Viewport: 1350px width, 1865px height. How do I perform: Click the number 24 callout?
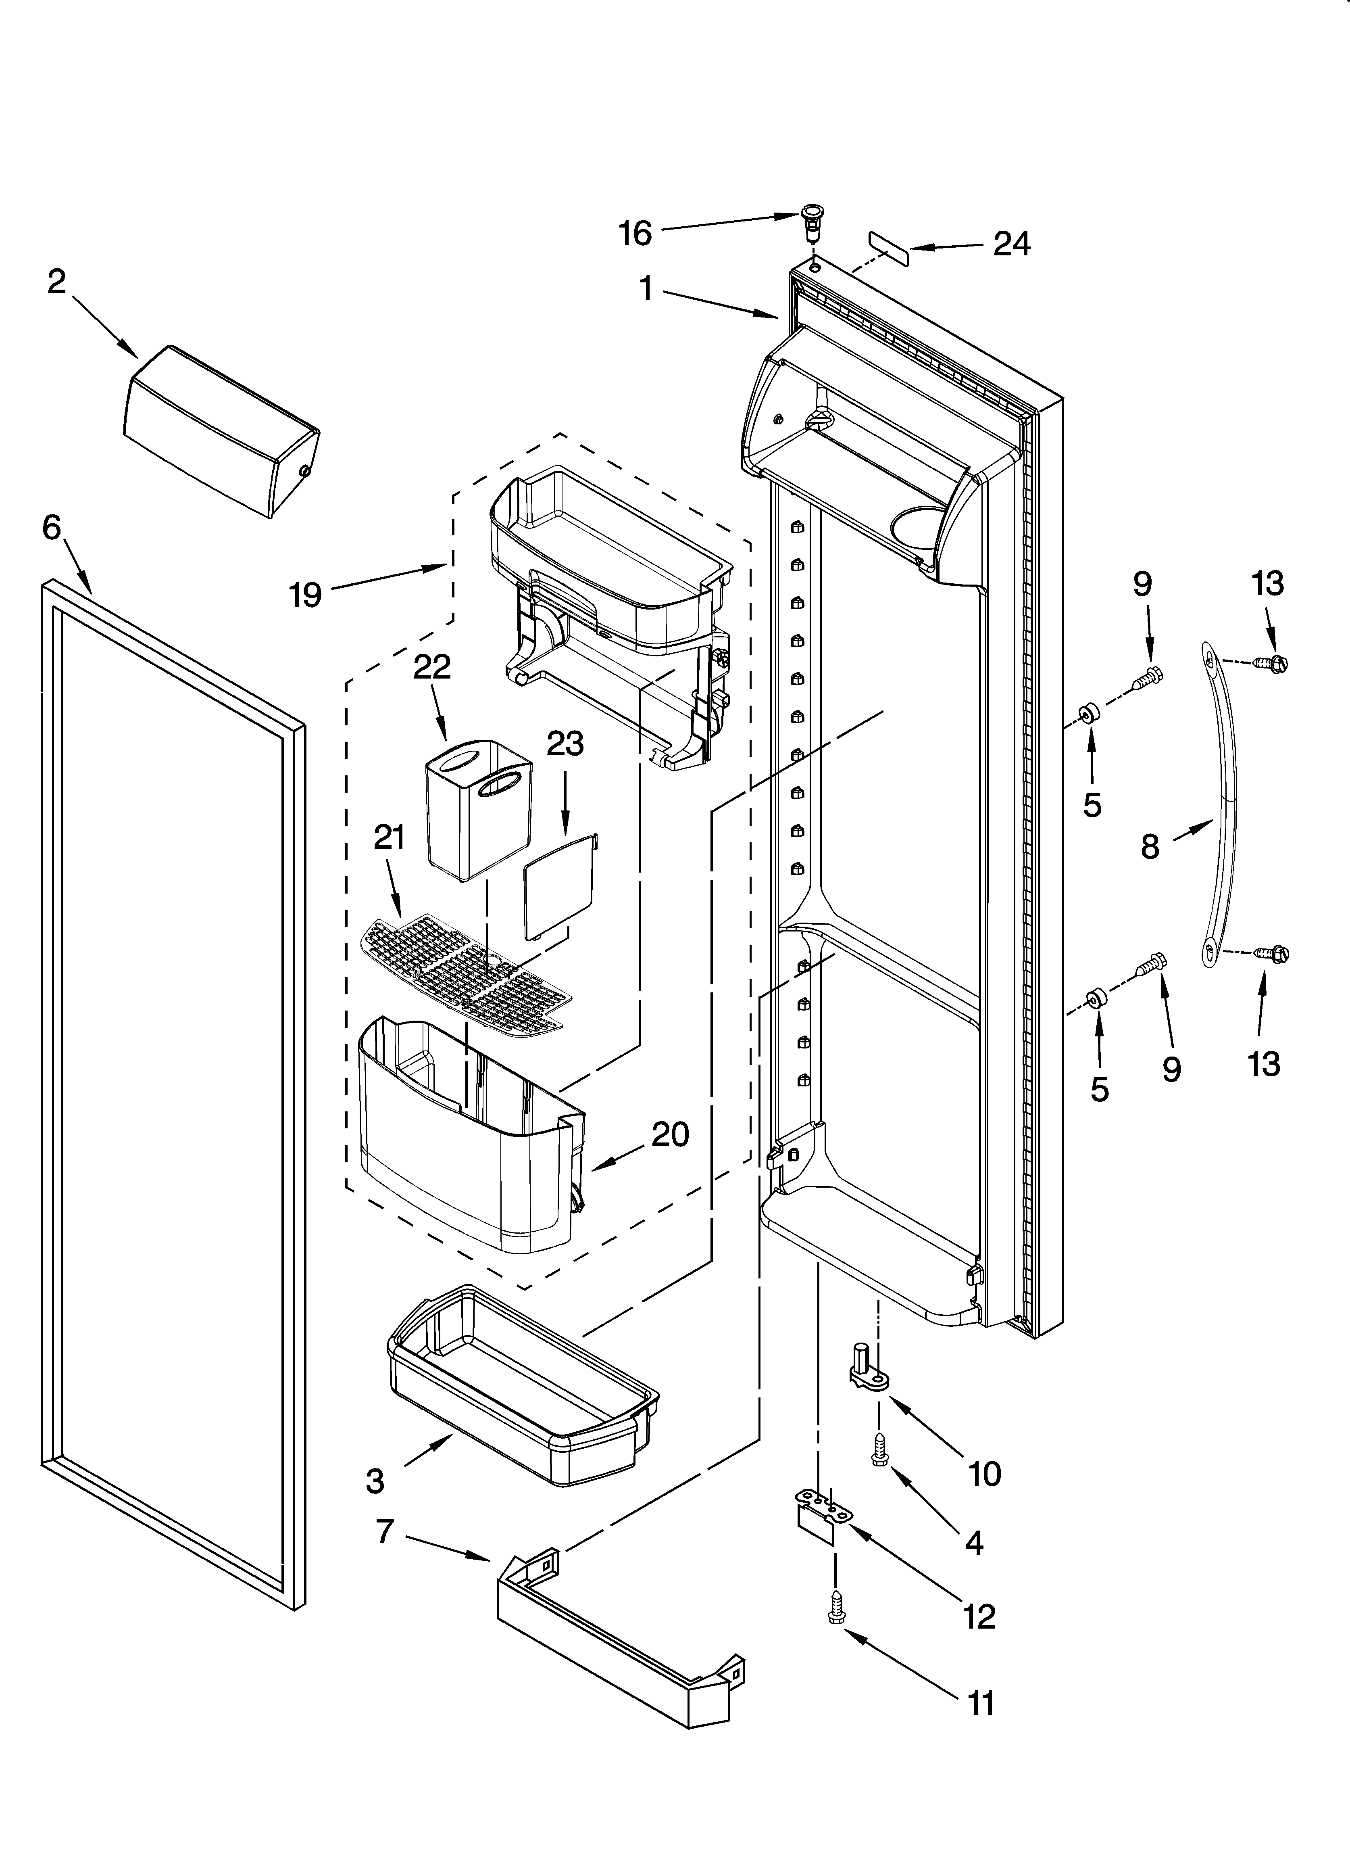[x=1011, y=244]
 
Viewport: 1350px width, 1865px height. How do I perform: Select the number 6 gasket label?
[x=52, y=528]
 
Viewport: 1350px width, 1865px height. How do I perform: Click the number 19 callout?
[x=305, y=594]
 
